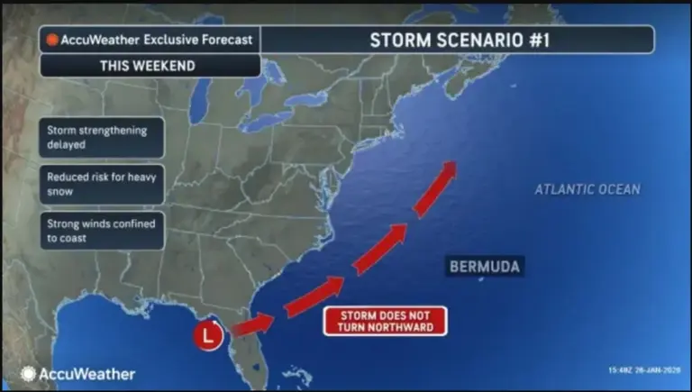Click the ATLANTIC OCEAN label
pyautogui.click(x=587, y=189)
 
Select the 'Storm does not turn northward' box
pyautogui.click(x=386, y=321)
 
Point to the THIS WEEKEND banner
pyautogui.click(x=150, y=66)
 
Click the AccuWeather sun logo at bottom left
pyautogui.click(x=28, y=373)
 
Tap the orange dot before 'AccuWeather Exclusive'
pyautogui.click(x=52, y=40)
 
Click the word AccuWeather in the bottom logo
pyautogui.click(x=87, y=373)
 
